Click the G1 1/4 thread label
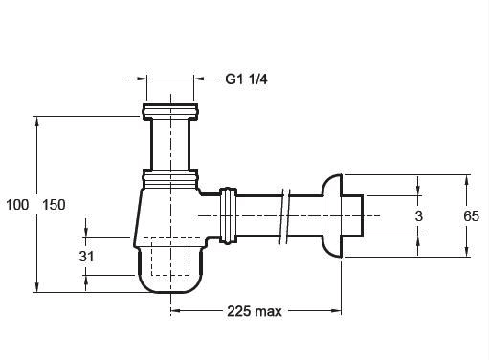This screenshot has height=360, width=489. click(246, 79)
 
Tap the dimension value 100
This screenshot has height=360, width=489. click(17, 205)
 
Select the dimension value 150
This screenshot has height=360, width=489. click(54, 205)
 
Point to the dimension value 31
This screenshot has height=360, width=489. click(86, 257)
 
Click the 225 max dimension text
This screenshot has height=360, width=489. click(255, 311)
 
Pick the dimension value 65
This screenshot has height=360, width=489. click(471, 216)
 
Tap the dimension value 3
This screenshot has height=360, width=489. click(419, 216)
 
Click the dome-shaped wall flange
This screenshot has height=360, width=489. click(332, 215)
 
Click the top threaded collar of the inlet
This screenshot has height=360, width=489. click(170, 111)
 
